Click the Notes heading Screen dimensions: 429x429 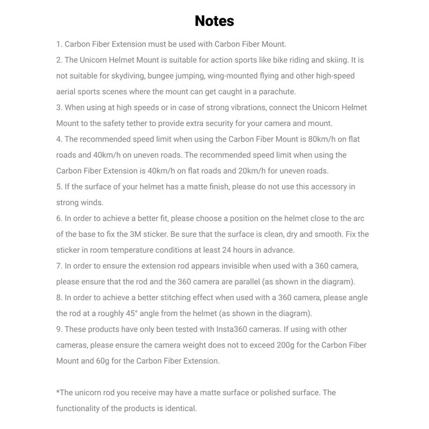tap(214, 21)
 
